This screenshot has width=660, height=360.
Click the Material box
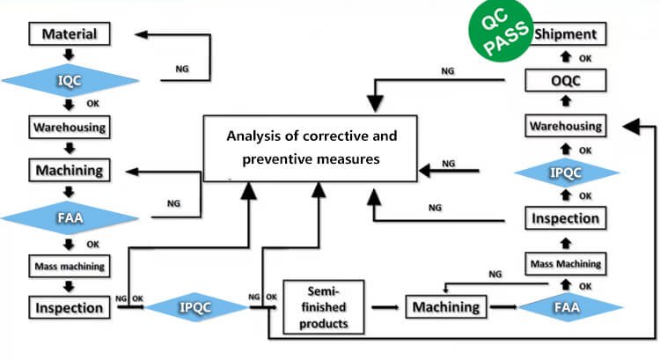click(70, 34)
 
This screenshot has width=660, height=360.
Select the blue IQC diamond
click(70, 81)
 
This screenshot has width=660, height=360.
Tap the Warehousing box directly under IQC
click(70, 127)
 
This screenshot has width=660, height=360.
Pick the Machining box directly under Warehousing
click(70, 169)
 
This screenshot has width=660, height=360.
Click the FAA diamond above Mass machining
click(70, 216)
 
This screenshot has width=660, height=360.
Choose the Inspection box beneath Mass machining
click(70, 307)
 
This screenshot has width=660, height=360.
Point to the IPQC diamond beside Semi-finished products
click(195, 307)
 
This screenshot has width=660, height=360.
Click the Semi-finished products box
click(325, 307)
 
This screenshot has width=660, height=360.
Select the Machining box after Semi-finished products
click(446, 307)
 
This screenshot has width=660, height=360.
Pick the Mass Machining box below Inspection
click(567, 262)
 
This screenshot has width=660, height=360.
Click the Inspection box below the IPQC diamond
click(567, 217)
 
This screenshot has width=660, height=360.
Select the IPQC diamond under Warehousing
click(567, 172)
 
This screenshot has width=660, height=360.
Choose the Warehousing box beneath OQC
click(567, 126)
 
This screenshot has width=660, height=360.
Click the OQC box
click(567, 81)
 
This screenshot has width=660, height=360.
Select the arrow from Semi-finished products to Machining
click(385, 307)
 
